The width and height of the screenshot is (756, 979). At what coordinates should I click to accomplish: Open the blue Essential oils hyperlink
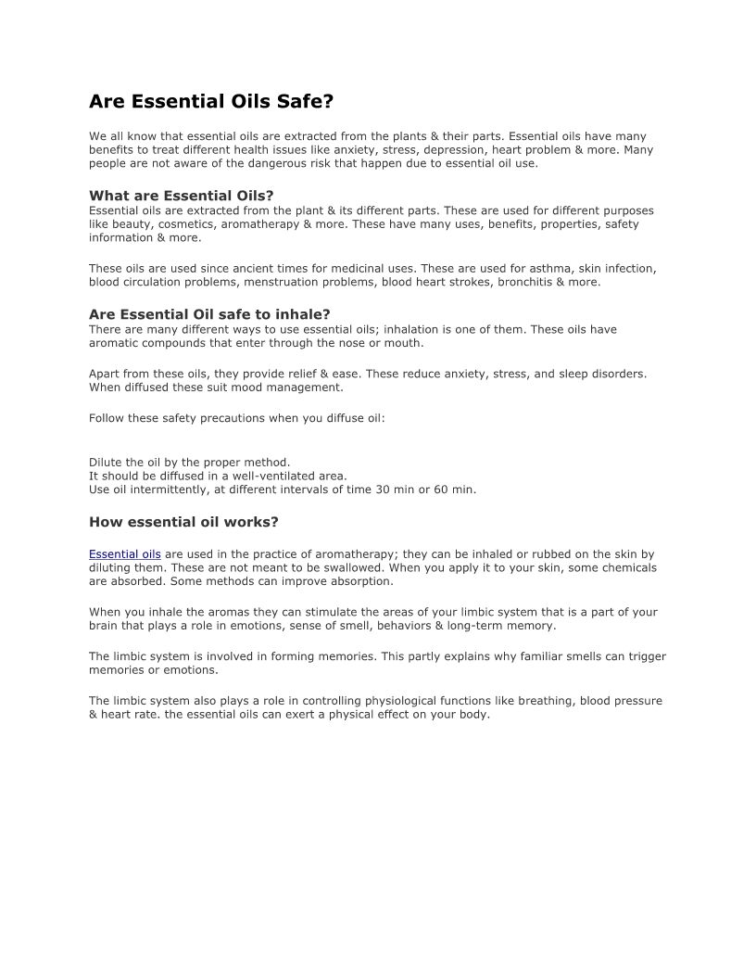125,554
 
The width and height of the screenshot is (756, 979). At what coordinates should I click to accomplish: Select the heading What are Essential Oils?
182,196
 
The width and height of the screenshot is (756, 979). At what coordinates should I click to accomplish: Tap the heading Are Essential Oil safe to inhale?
209,314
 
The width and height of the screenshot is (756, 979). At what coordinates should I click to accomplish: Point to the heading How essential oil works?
183,522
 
